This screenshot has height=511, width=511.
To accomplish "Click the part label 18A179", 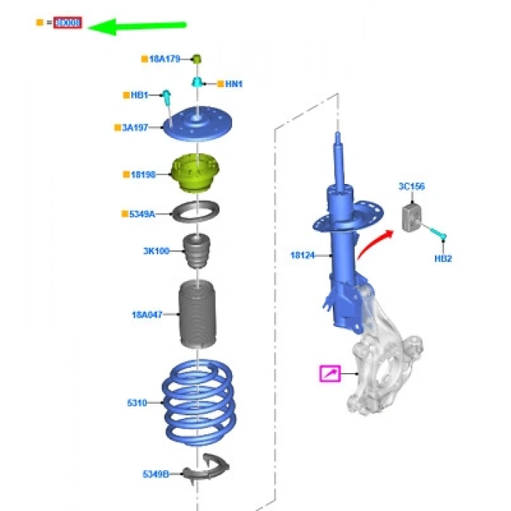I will (164, 58).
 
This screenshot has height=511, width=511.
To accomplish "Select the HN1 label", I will (233, 84).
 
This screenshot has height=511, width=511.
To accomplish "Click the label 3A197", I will (135, 128).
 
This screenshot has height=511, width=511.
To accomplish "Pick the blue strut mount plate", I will (196, 127).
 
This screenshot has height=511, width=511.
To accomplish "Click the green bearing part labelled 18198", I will (196, 173).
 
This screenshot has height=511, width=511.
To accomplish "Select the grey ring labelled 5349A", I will (196, 214).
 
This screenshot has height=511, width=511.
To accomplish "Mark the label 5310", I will (137, 401).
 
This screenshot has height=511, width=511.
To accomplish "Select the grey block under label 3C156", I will (413, 216).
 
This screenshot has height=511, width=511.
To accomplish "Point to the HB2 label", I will (442, 258).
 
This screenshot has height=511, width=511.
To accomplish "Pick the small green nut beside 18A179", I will (196, 58).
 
